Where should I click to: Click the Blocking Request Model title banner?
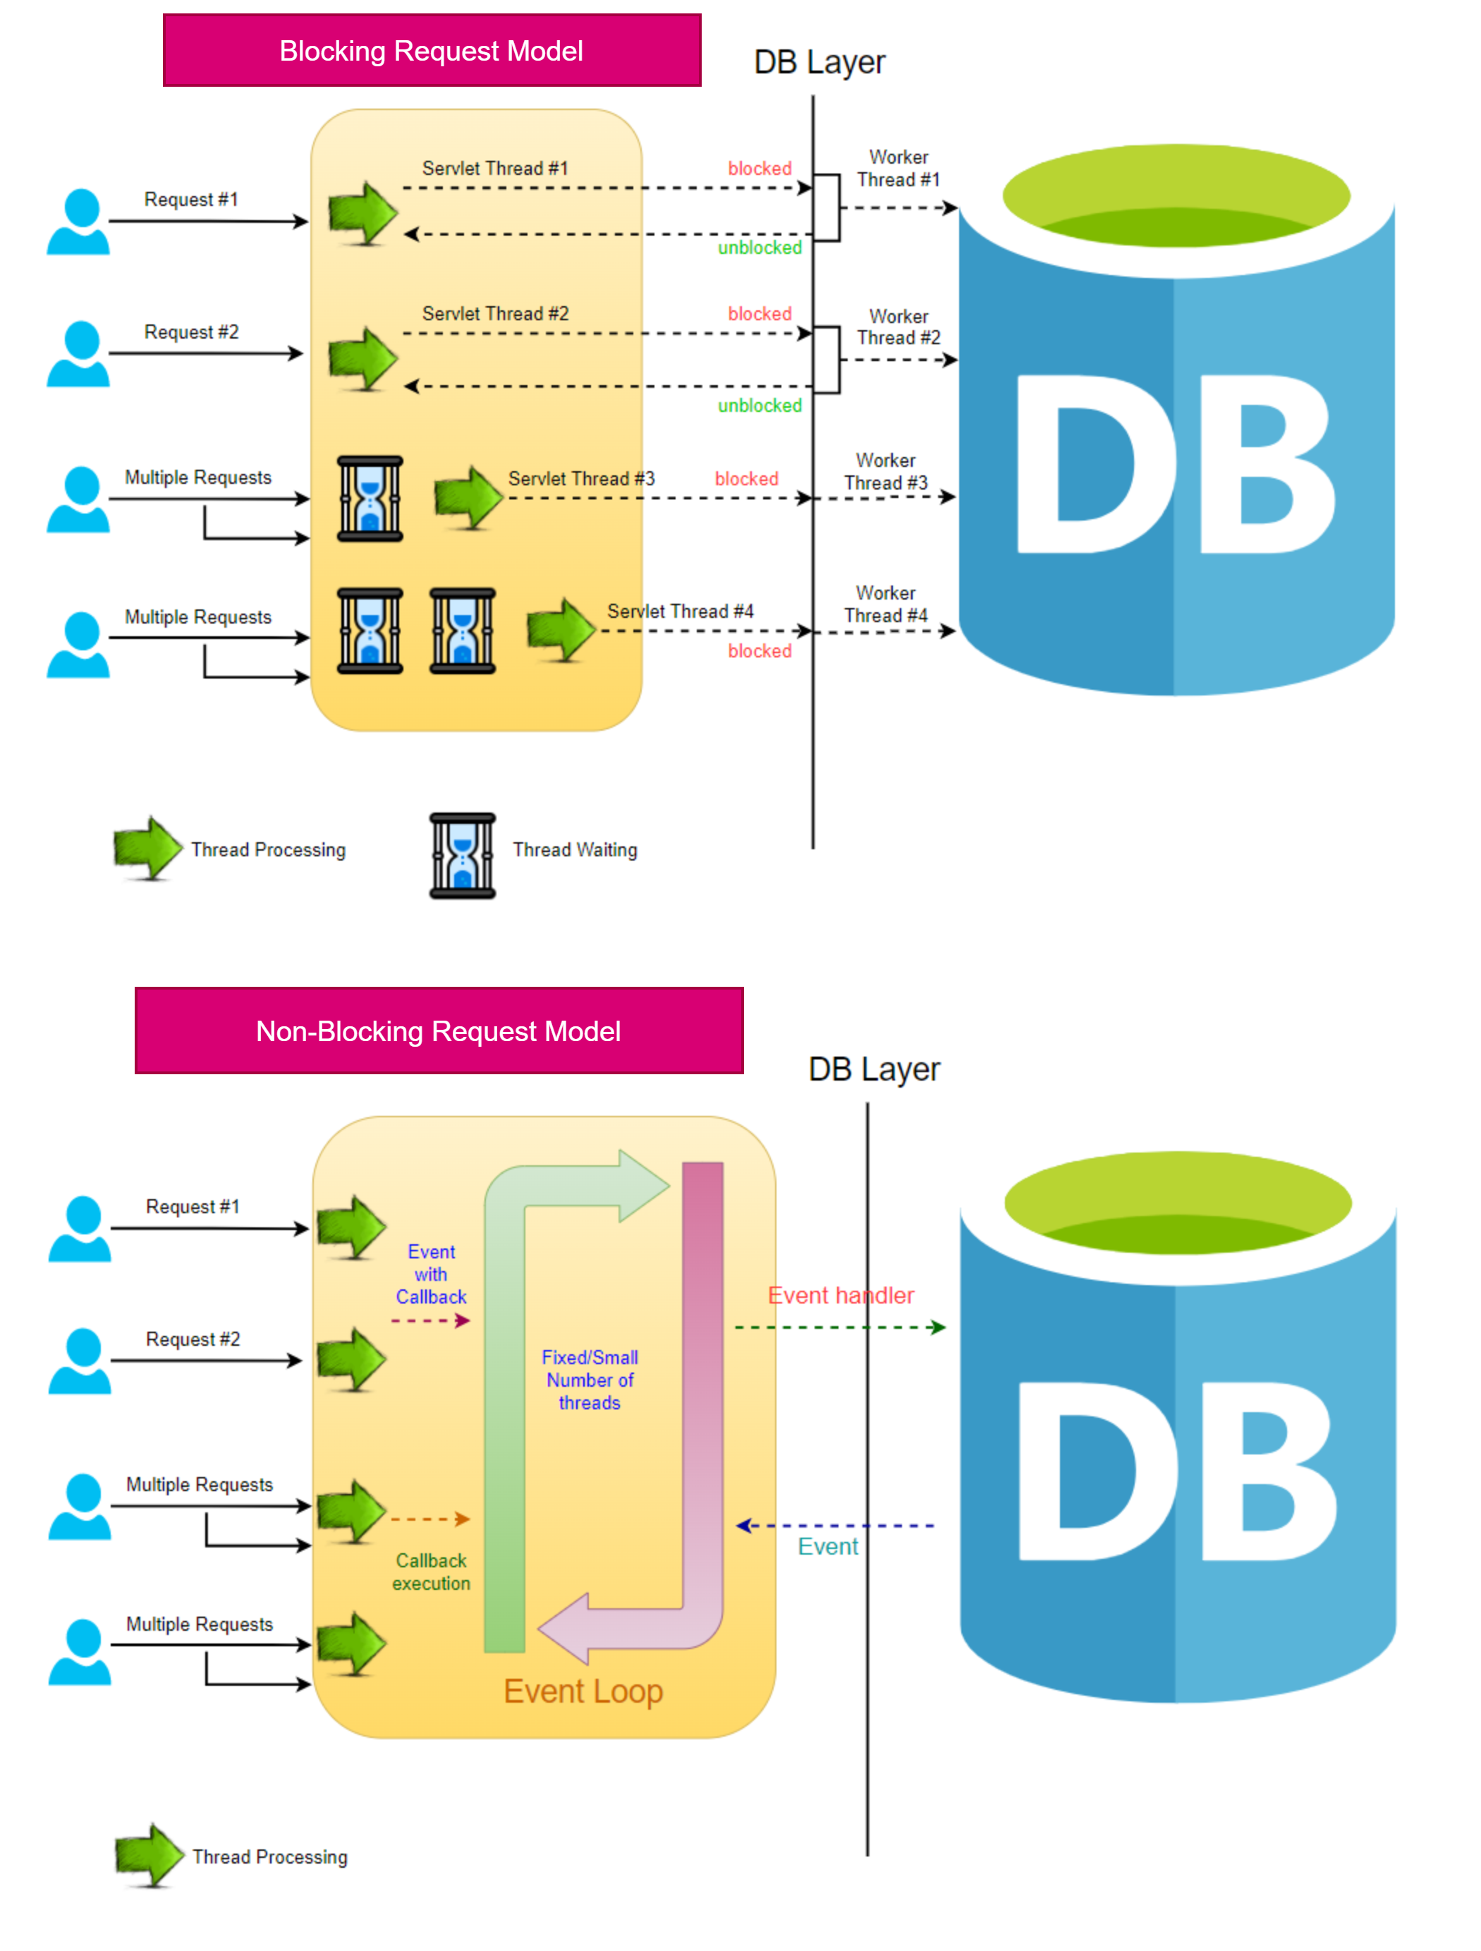click(x=432, y=50)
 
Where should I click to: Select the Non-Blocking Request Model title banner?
click(x=439, y=1031)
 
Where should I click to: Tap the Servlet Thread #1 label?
click(x=495, y=168)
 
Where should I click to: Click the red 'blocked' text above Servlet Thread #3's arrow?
click(x=746, y=478)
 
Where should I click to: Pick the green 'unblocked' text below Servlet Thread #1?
click(x=760, y=247)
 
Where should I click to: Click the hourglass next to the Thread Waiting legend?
click(x=462, y=855)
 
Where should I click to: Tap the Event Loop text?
click(x=583, y=1691)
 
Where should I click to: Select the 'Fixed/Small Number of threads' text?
click(x=589, y=1380)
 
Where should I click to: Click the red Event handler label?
click(x=840, y=1295)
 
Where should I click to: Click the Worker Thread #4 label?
click(x=886, y=604)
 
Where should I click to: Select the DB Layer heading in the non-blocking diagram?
click(x=873, y=1069)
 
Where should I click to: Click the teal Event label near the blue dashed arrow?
click(x=827, y=1546)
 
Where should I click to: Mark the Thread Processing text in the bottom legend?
click(x=270, y=1856)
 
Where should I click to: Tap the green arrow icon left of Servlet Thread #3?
click(x=468, y=497)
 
